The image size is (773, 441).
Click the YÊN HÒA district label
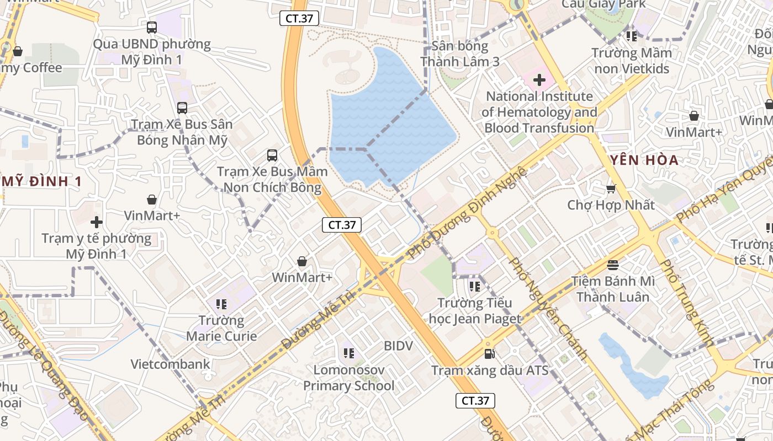point(644,160)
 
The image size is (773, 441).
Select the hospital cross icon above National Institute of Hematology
point(539,80)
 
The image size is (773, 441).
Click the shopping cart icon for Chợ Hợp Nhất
point(611,189)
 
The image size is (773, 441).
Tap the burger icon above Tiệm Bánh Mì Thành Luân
point(613,265)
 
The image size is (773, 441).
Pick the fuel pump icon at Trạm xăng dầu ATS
point(489,353)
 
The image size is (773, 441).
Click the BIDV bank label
point(398,346)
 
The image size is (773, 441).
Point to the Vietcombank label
point(171,364)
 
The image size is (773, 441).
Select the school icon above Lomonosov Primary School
point(348,353)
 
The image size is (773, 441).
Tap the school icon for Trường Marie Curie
point(221,304)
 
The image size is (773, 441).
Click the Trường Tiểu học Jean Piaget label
point(475,311)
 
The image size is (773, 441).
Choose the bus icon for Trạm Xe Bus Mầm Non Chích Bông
point(272,155)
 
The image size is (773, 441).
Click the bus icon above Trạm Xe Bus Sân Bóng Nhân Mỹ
point(182,108)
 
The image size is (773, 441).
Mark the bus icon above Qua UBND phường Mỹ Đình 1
point(152,27)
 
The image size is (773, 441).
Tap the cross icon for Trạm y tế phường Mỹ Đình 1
point(97,222)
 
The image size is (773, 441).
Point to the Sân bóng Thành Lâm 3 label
point(460,53)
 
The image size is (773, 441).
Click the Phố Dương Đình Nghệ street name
point(467,212)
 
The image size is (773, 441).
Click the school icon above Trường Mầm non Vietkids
point(632,36)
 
